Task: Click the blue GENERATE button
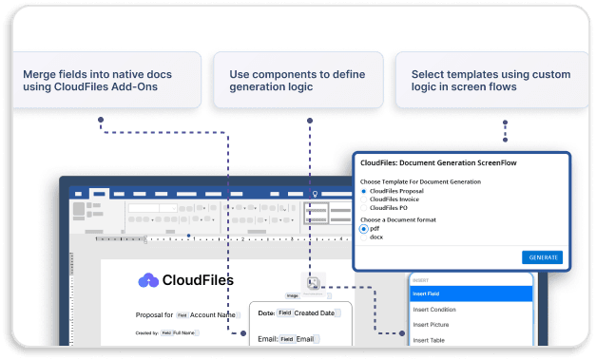pyautogui.click(x=543, y=257)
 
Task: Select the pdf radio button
pyautogui.click(x=363, y=229)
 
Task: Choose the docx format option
pyautogui.click(x=363, y=237)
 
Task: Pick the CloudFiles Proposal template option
pyautogui.click(x=363, y=191)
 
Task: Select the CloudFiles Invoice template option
pyautogui.click(x=363, y=199)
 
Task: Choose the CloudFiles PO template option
pyautogui.click(x=363, y=206)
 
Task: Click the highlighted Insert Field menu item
pyautogui.click(x=470, y=294)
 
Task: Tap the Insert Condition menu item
pyautogui.click(x=470, y=309)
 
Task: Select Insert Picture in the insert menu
pyautogui.click(x=470, y=324)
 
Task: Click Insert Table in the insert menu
pyautogui.click(x=470, y=339)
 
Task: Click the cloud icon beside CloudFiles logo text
pyautogui.click(x=148, y=280)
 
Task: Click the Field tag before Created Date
pyautogui.click(x=284, y=313)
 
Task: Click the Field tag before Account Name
pyautogui.click(x=182, y=314)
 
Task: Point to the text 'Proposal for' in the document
pyautogui.click(x=154, y=314)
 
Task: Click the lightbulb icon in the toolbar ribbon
pyautogui.click(x=315, y=192)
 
